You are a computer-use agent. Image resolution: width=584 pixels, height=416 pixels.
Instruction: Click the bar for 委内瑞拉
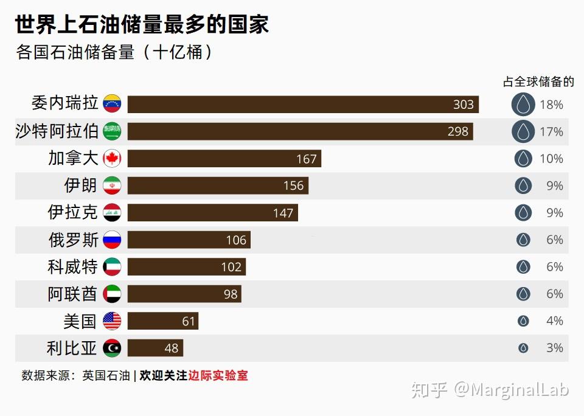(x=303, y=105)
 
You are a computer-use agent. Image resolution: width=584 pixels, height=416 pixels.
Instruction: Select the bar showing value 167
(x=224, y=159)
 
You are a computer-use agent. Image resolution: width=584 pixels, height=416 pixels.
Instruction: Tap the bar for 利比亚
(x=155, y=348)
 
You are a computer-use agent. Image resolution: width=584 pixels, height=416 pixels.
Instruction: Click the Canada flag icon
(x=112, y=159)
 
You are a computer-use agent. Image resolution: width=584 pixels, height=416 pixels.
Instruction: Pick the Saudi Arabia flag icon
(x=112, y=131)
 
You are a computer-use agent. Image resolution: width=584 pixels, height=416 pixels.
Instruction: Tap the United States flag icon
(x=112, y=321)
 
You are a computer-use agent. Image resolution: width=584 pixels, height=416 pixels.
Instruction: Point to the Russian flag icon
(x=112, y=240)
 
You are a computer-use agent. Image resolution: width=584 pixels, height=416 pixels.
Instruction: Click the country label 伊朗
(x=80, y=185)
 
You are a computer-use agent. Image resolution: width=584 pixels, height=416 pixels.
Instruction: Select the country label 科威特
(x=72, y=266)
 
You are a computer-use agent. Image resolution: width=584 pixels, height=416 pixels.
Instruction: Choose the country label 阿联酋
(x=72, y=294)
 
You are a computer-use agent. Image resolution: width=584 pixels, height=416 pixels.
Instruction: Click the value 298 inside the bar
(x=458, y=131)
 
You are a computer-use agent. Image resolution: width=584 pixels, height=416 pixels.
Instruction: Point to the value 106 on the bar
(x=236, y=240)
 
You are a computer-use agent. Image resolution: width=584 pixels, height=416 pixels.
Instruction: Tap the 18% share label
(x=551, y=105)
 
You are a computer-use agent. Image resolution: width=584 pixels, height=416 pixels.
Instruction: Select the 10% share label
(x=551, y=159)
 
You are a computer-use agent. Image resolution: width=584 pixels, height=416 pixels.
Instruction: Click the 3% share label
(x=554, y=348)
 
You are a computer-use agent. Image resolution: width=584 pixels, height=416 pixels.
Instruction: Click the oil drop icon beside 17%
(x=523, y=131)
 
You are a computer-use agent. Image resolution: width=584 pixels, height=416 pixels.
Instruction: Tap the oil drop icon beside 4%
(x=523, y=321)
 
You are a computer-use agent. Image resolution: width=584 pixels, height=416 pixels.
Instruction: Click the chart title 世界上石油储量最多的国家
(x=142, y=25)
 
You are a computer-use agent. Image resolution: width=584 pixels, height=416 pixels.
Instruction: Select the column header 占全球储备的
(x=538, y=81)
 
